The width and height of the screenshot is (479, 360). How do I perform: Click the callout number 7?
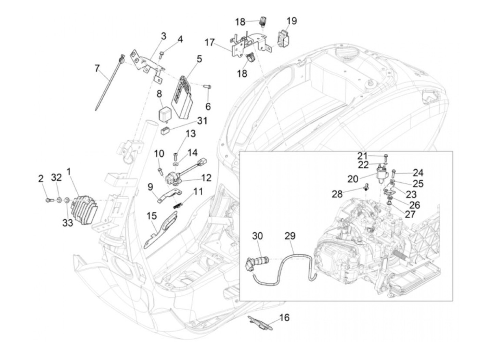coord(97,68)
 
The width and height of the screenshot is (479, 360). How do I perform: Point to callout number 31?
coord(202,120)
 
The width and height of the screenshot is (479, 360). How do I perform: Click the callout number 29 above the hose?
coord(290,236)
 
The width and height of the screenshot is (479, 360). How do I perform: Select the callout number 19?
coord(292,21)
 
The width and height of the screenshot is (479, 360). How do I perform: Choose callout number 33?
coord(68,223)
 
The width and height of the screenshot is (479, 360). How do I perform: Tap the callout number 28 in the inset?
coord(337,194)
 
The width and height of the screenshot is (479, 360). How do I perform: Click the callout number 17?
coord(210,42)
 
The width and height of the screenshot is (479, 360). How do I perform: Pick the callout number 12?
coord(206,178)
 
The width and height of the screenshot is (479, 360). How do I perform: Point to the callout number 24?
coord(418,173)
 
